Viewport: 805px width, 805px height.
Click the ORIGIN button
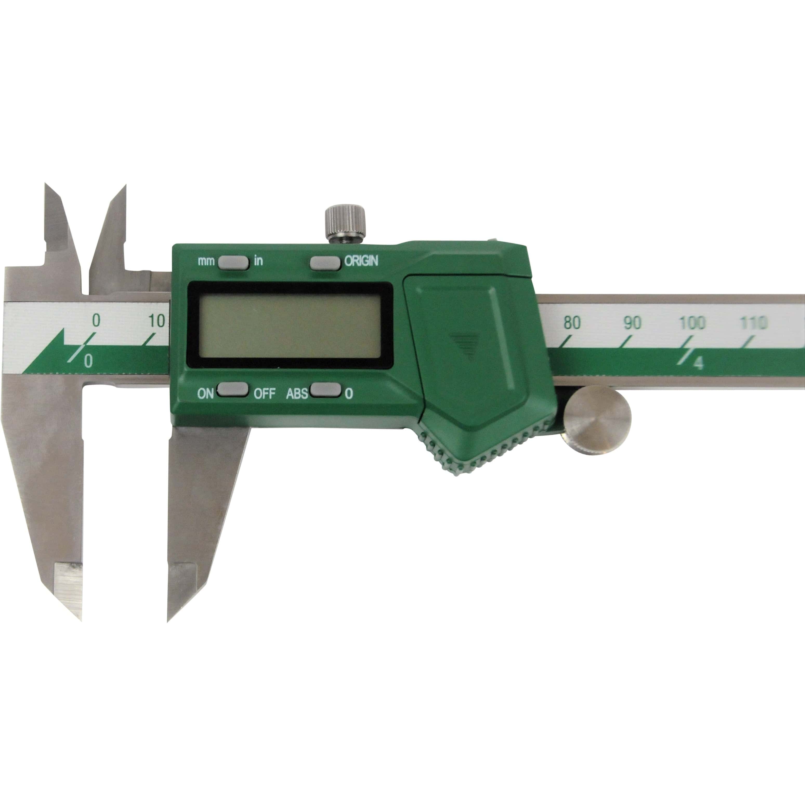325,263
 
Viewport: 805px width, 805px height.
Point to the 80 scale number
572,323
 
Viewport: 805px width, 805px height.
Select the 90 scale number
632,323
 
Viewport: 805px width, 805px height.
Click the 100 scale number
692,323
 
